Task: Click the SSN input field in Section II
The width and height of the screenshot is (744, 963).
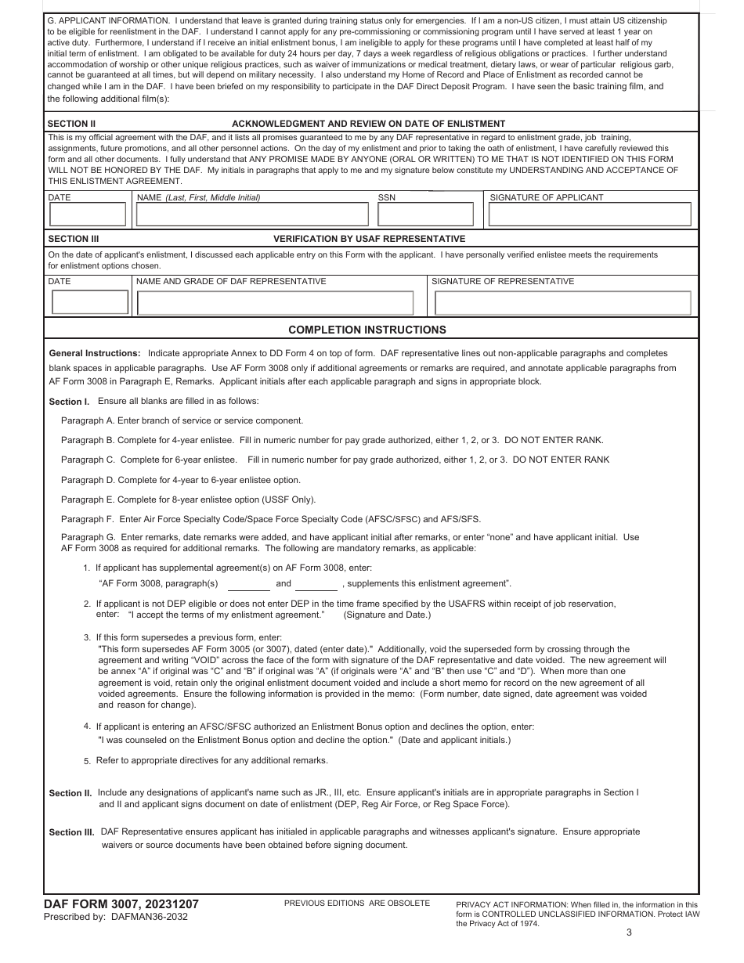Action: coord(426,214)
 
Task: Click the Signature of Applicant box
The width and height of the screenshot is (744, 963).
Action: coord(590,214)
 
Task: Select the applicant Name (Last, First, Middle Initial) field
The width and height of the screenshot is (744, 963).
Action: coord(252,214)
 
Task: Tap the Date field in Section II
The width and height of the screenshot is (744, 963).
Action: coord(88,214)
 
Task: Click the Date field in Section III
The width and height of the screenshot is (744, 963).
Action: coord(89,302)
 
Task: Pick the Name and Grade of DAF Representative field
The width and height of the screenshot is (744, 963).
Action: coord(275,302)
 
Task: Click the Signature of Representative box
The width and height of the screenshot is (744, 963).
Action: coord(562,302)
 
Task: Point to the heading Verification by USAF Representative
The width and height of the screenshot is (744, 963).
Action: coord(369,239)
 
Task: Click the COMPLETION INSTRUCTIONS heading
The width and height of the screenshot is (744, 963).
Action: coord(367,330)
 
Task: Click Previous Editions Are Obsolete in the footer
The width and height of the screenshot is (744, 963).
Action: coord(357,903)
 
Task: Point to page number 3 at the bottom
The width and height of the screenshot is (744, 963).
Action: coord(629,932)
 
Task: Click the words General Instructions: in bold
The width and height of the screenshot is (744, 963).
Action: coord(95,354)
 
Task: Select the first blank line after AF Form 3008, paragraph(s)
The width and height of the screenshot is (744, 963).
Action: coord(249,585)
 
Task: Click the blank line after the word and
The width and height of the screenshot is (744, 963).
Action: coord(316,585)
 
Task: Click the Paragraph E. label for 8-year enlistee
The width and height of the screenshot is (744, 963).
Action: coord(88,500)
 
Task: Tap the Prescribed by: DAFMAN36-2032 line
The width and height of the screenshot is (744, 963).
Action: coord(116,917)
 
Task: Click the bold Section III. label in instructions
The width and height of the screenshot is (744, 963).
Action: coord(72,832)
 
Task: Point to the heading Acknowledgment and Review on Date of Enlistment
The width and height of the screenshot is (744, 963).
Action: coord(368,124)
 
